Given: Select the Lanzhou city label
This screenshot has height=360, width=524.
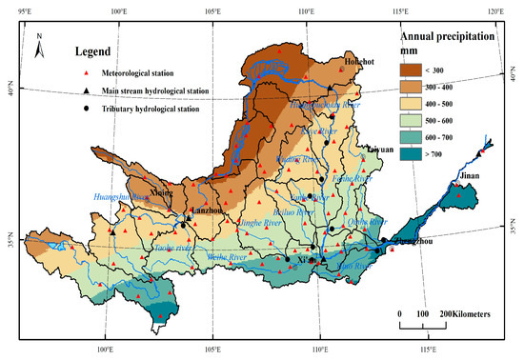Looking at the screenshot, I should click(x=207, y=211).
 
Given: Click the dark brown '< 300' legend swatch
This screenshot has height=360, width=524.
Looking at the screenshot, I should click(x=412, y=70).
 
